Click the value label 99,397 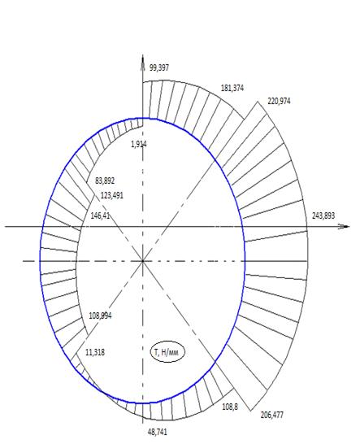pyautogui.click(x=159, y=68)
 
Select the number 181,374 pyautogui.click(x=232, y=88)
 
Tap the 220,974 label pyautogui.click(x=279, y=101)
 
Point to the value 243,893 pyautogui.click(x=323, y=215)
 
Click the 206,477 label pyautogui.click(x=271, y=415)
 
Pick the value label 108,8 pyautogui.click(x=230, y=407)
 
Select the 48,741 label pyautogui.click(x=158, y=432)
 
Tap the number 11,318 pyautogui.click(x=95, y=353)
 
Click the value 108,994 pyautogui.click(x=100, y=316)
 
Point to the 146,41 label pyautogui.click(x=100, y=215)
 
